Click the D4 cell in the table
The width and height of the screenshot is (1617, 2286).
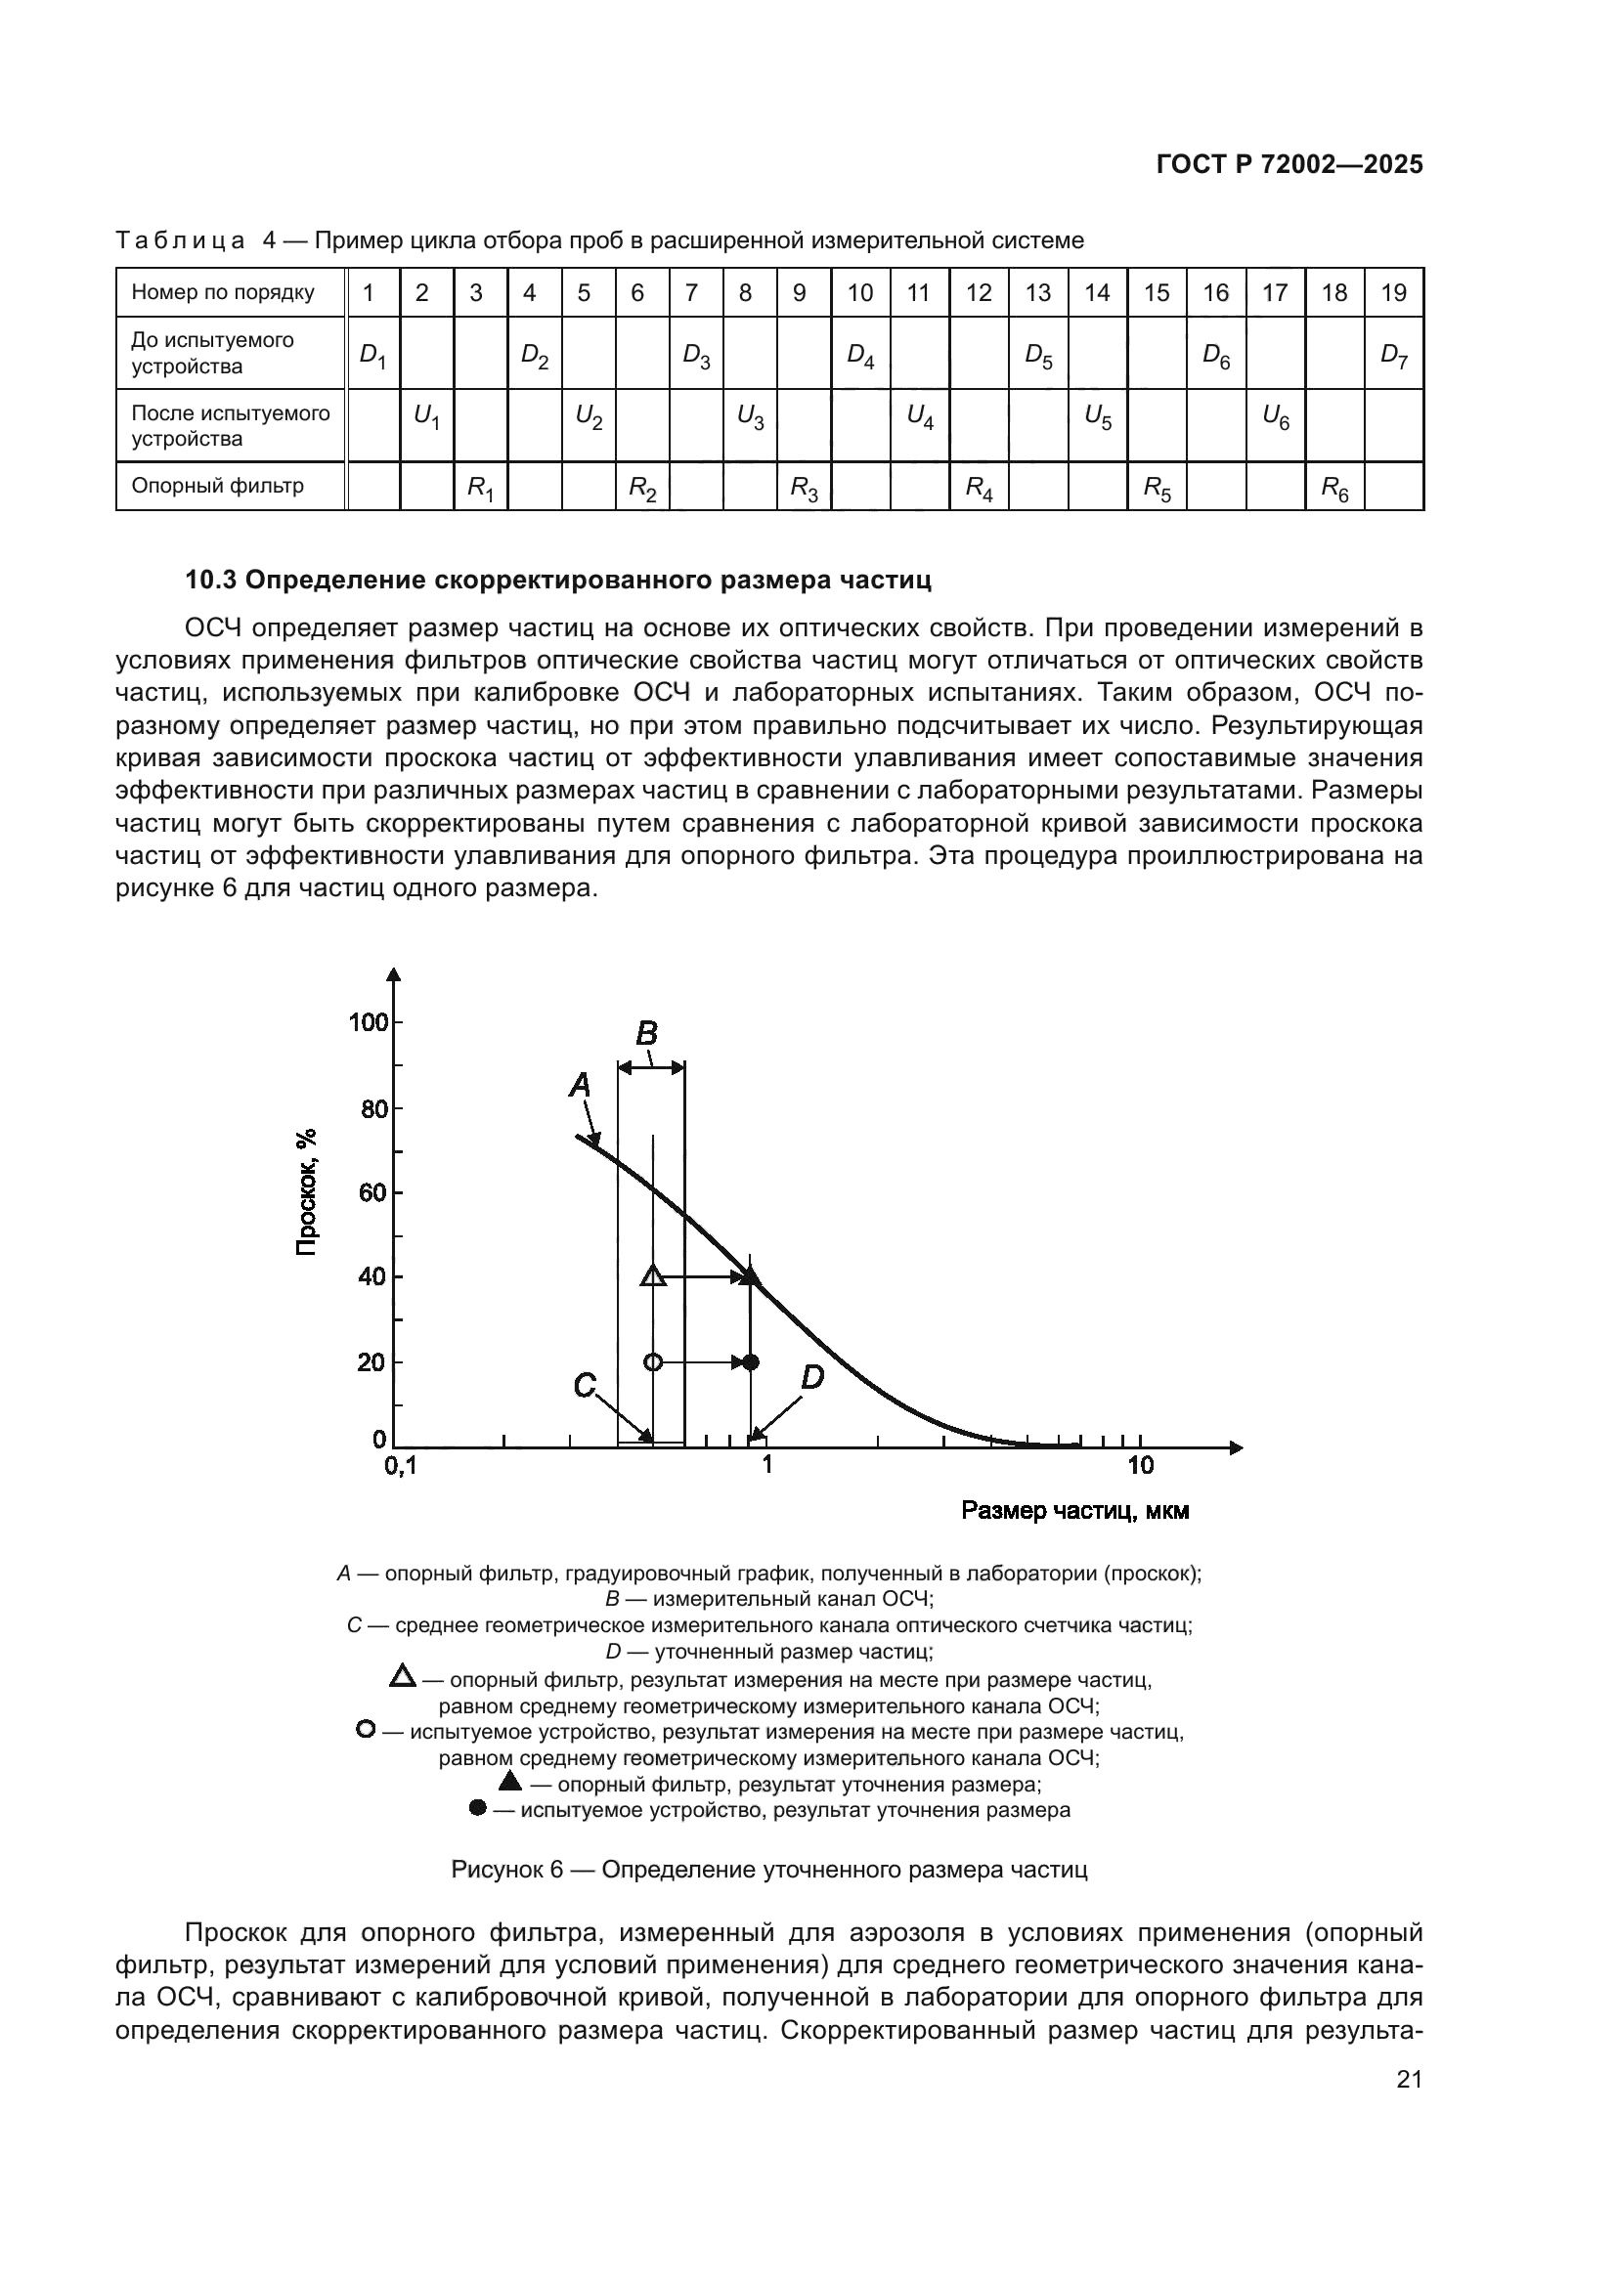(x=860, y=355)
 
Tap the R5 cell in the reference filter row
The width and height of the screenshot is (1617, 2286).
(x=1156, y=487)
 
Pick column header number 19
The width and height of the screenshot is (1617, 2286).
(x=1393, y=293)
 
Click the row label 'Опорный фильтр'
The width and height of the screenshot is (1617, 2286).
(x=217, y=486)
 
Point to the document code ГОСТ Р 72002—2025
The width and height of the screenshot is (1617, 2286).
(x=1289, y=165)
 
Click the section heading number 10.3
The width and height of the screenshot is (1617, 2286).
(x=211, y=581)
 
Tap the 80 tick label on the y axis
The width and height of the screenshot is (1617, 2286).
(x=373, y=1108)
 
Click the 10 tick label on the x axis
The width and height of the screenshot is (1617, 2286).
(x=1140, y=1466)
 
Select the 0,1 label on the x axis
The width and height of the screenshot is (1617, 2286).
(x=401, y=1467)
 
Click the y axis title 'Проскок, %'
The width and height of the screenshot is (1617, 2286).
(x=307, y=1191)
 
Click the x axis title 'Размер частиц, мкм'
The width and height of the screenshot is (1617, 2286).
(x=1074, y=1511)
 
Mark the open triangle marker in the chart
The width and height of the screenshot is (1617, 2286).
(x=653, y=1276)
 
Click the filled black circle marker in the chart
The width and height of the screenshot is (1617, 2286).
(x=752, y=1362)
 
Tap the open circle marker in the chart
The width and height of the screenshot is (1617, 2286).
(x=652, y=1362)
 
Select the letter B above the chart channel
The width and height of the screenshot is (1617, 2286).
(x=647, y=1033)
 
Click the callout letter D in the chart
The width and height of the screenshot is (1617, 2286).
(x=811, y=1378)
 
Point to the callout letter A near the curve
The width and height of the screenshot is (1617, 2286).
(x=580, y=1084)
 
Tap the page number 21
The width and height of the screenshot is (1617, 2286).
(x=1409, y=2080)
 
